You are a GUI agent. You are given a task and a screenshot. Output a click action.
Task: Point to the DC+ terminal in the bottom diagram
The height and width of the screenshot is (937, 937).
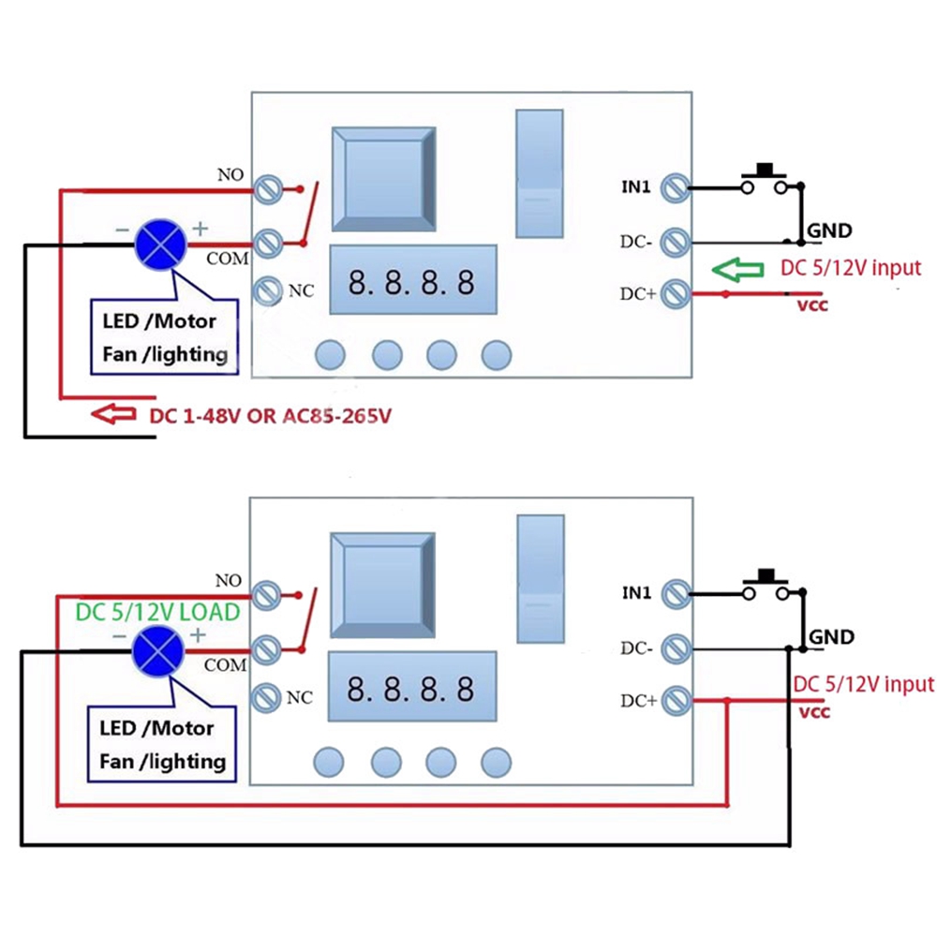pos(674,699)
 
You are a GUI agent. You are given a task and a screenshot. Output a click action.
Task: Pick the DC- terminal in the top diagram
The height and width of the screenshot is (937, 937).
pos(674,242)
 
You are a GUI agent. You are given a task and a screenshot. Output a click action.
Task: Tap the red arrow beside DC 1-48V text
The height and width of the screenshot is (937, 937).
pos(113,413)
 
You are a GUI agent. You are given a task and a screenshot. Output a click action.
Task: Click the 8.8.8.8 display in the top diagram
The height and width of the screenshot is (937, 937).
pos(411,282)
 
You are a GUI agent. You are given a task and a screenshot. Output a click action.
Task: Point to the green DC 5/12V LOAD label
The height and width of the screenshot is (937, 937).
pos(157,612)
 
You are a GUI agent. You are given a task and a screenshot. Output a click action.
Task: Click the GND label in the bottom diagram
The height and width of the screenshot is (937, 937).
pos(830,637)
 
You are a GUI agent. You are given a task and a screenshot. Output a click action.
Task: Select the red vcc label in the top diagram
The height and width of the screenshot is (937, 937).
pos(812,305)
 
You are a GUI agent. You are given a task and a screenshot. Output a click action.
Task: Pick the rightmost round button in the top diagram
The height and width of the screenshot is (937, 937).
pos(497,354)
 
